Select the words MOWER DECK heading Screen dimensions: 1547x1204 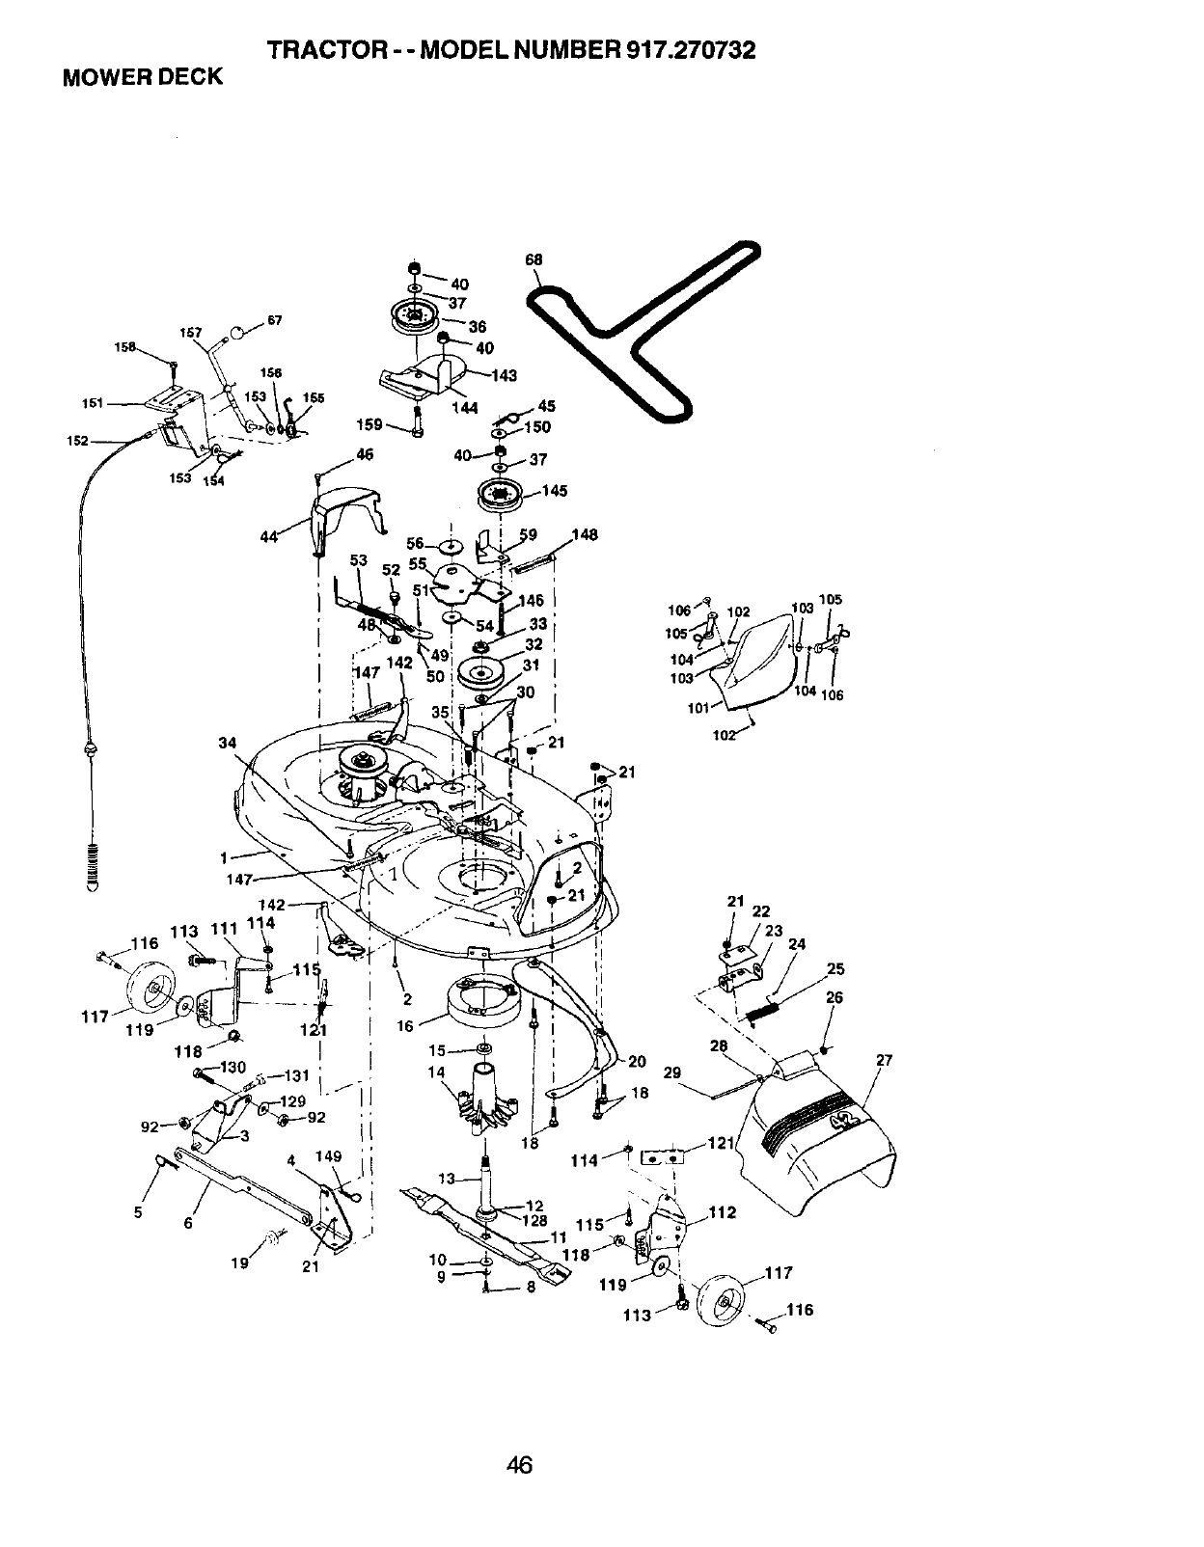tap(142, 77)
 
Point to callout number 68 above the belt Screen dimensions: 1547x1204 tap(534, 259)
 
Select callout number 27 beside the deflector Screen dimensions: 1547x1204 tap(884, 1061)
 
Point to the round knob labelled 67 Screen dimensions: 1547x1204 tap(235, 336)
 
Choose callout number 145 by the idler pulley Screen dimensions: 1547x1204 tap(555, 491)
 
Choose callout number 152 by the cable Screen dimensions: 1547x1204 tap(77, 441)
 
